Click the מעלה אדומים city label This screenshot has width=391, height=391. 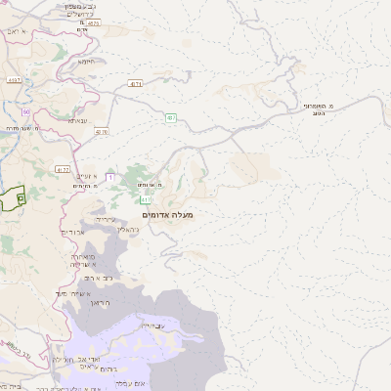coord(168,214)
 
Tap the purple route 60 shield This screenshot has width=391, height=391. coord(26,112)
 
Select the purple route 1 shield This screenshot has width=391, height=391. coord(110,177)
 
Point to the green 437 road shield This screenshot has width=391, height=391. coord(170,117)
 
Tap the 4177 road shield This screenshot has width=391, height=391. coord(63,169)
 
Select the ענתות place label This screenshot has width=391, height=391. coord(78,120)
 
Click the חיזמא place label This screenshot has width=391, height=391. coord(87,61)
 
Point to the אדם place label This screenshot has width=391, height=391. coord(82,30)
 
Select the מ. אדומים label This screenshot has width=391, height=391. coord(150,185)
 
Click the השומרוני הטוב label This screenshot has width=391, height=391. coord(318,109)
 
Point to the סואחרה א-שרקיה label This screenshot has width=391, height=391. coord(82,260)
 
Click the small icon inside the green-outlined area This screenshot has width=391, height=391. coord(21,197)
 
